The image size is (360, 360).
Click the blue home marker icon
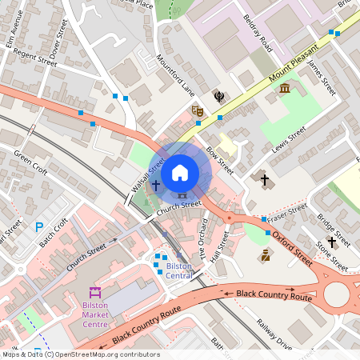[x=180, y=172]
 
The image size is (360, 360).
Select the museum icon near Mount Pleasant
[x=285, y=87]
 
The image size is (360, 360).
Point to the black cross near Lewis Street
[x=265, y=180]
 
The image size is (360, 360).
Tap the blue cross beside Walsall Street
[x=155, y=185]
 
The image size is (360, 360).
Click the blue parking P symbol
[x=39, y=228]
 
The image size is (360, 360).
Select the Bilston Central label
[x=178, y=270]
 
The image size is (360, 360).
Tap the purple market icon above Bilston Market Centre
[x=95, y=292]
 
